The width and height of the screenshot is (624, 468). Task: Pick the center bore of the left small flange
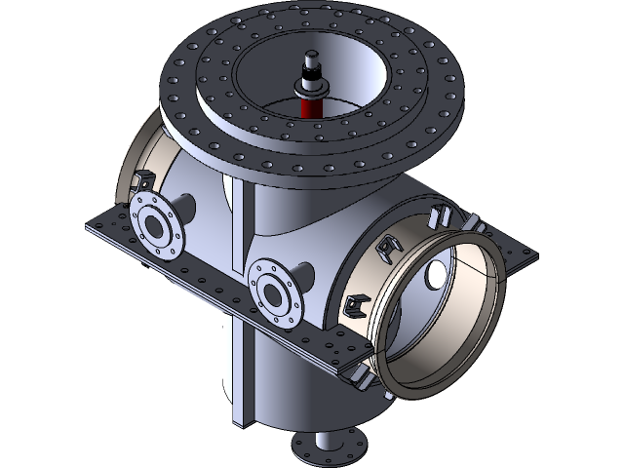point(154,224)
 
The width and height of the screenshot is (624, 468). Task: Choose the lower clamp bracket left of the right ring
point(353,308)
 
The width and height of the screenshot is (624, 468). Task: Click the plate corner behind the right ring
point(522,255)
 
